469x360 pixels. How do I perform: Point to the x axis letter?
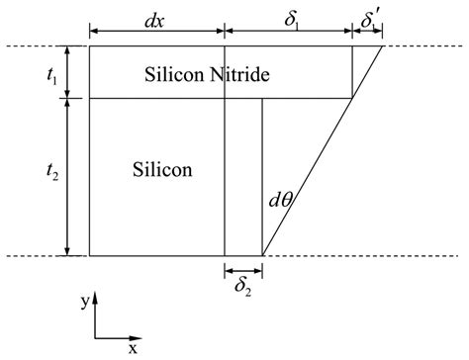132,348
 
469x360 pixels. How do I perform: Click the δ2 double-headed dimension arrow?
243,268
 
